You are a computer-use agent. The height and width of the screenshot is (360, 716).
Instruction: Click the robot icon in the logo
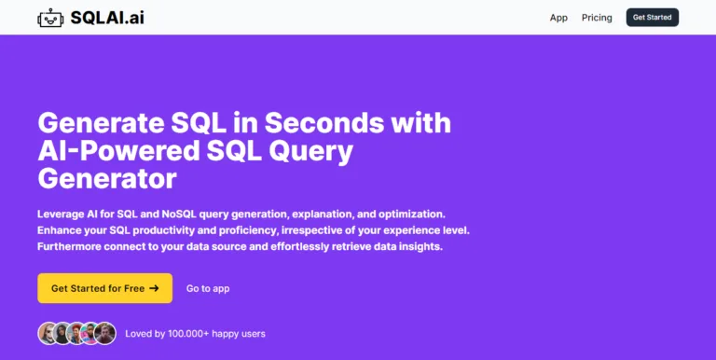(50, 18)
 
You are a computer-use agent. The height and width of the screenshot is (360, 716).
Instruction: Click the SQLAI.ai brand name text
(107, 17)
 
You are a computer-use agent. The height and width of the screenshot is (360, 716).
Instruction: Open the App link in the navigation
(558, 18)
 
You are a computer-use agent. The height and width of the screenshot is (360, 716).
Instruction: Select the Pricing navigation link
(597, 18)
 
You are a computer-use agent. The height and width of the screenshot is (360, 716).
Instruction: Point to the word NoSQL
(195, 213)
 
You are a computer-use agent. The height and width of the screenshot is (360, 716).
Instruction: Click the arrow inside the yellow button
(154, 288)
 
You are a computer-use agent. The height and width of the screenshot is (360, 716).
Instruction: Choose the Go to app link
(208, 289)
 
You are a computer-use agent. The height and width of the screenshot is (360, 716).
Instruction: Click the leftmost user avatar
(48, 333)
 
